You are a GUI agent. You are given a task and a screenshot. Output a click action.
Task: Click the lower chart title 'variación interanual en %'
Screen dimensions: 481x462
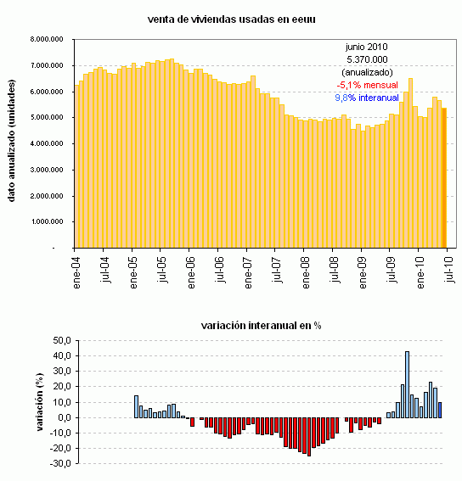coord(261,325)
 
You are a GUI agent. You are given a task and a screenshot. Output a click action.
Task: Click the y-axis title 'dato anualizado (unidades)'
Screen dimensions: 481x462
coord(13,143)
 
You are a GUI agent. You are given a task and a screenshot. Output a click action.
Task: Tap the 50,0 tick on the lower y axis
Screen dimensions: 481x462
coord(61,340)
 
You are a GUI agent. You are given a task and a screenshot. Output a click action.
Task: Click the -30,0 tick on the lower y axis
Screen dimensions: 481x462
coord(59,464)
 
